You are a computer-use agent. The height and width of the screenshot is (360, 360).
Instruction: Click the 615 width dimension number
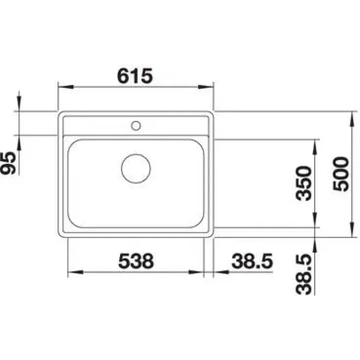pos(135,76)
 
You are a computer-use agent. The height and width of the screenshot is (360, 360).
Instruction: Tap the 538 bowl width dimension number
pos(136,261)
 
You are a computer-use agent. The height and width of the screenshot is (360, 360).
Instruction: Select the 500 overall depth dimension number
pos(340,174)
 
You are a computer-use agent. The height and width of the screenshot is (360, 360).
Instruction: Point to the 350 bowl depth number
pos(304,183)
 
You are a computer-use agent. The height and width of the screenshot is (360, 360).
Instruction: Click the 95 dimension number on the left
pos(8,163)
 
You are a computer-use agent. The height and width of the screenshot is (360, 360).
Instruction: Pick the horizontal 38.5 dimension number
pos(252,261)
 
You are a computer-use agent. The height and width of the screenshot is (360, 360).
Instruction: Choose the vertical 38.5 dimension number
pos(304,274)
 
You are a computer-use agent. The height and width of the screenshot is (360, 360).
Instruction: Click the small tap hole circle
pos(135,125)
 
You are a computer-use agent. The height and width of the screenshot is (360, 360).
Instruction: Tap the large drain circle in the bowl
pos(135,168)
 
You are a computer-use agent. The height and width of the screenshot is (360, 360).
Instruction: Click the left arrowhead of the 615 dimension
pos(65,87)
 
